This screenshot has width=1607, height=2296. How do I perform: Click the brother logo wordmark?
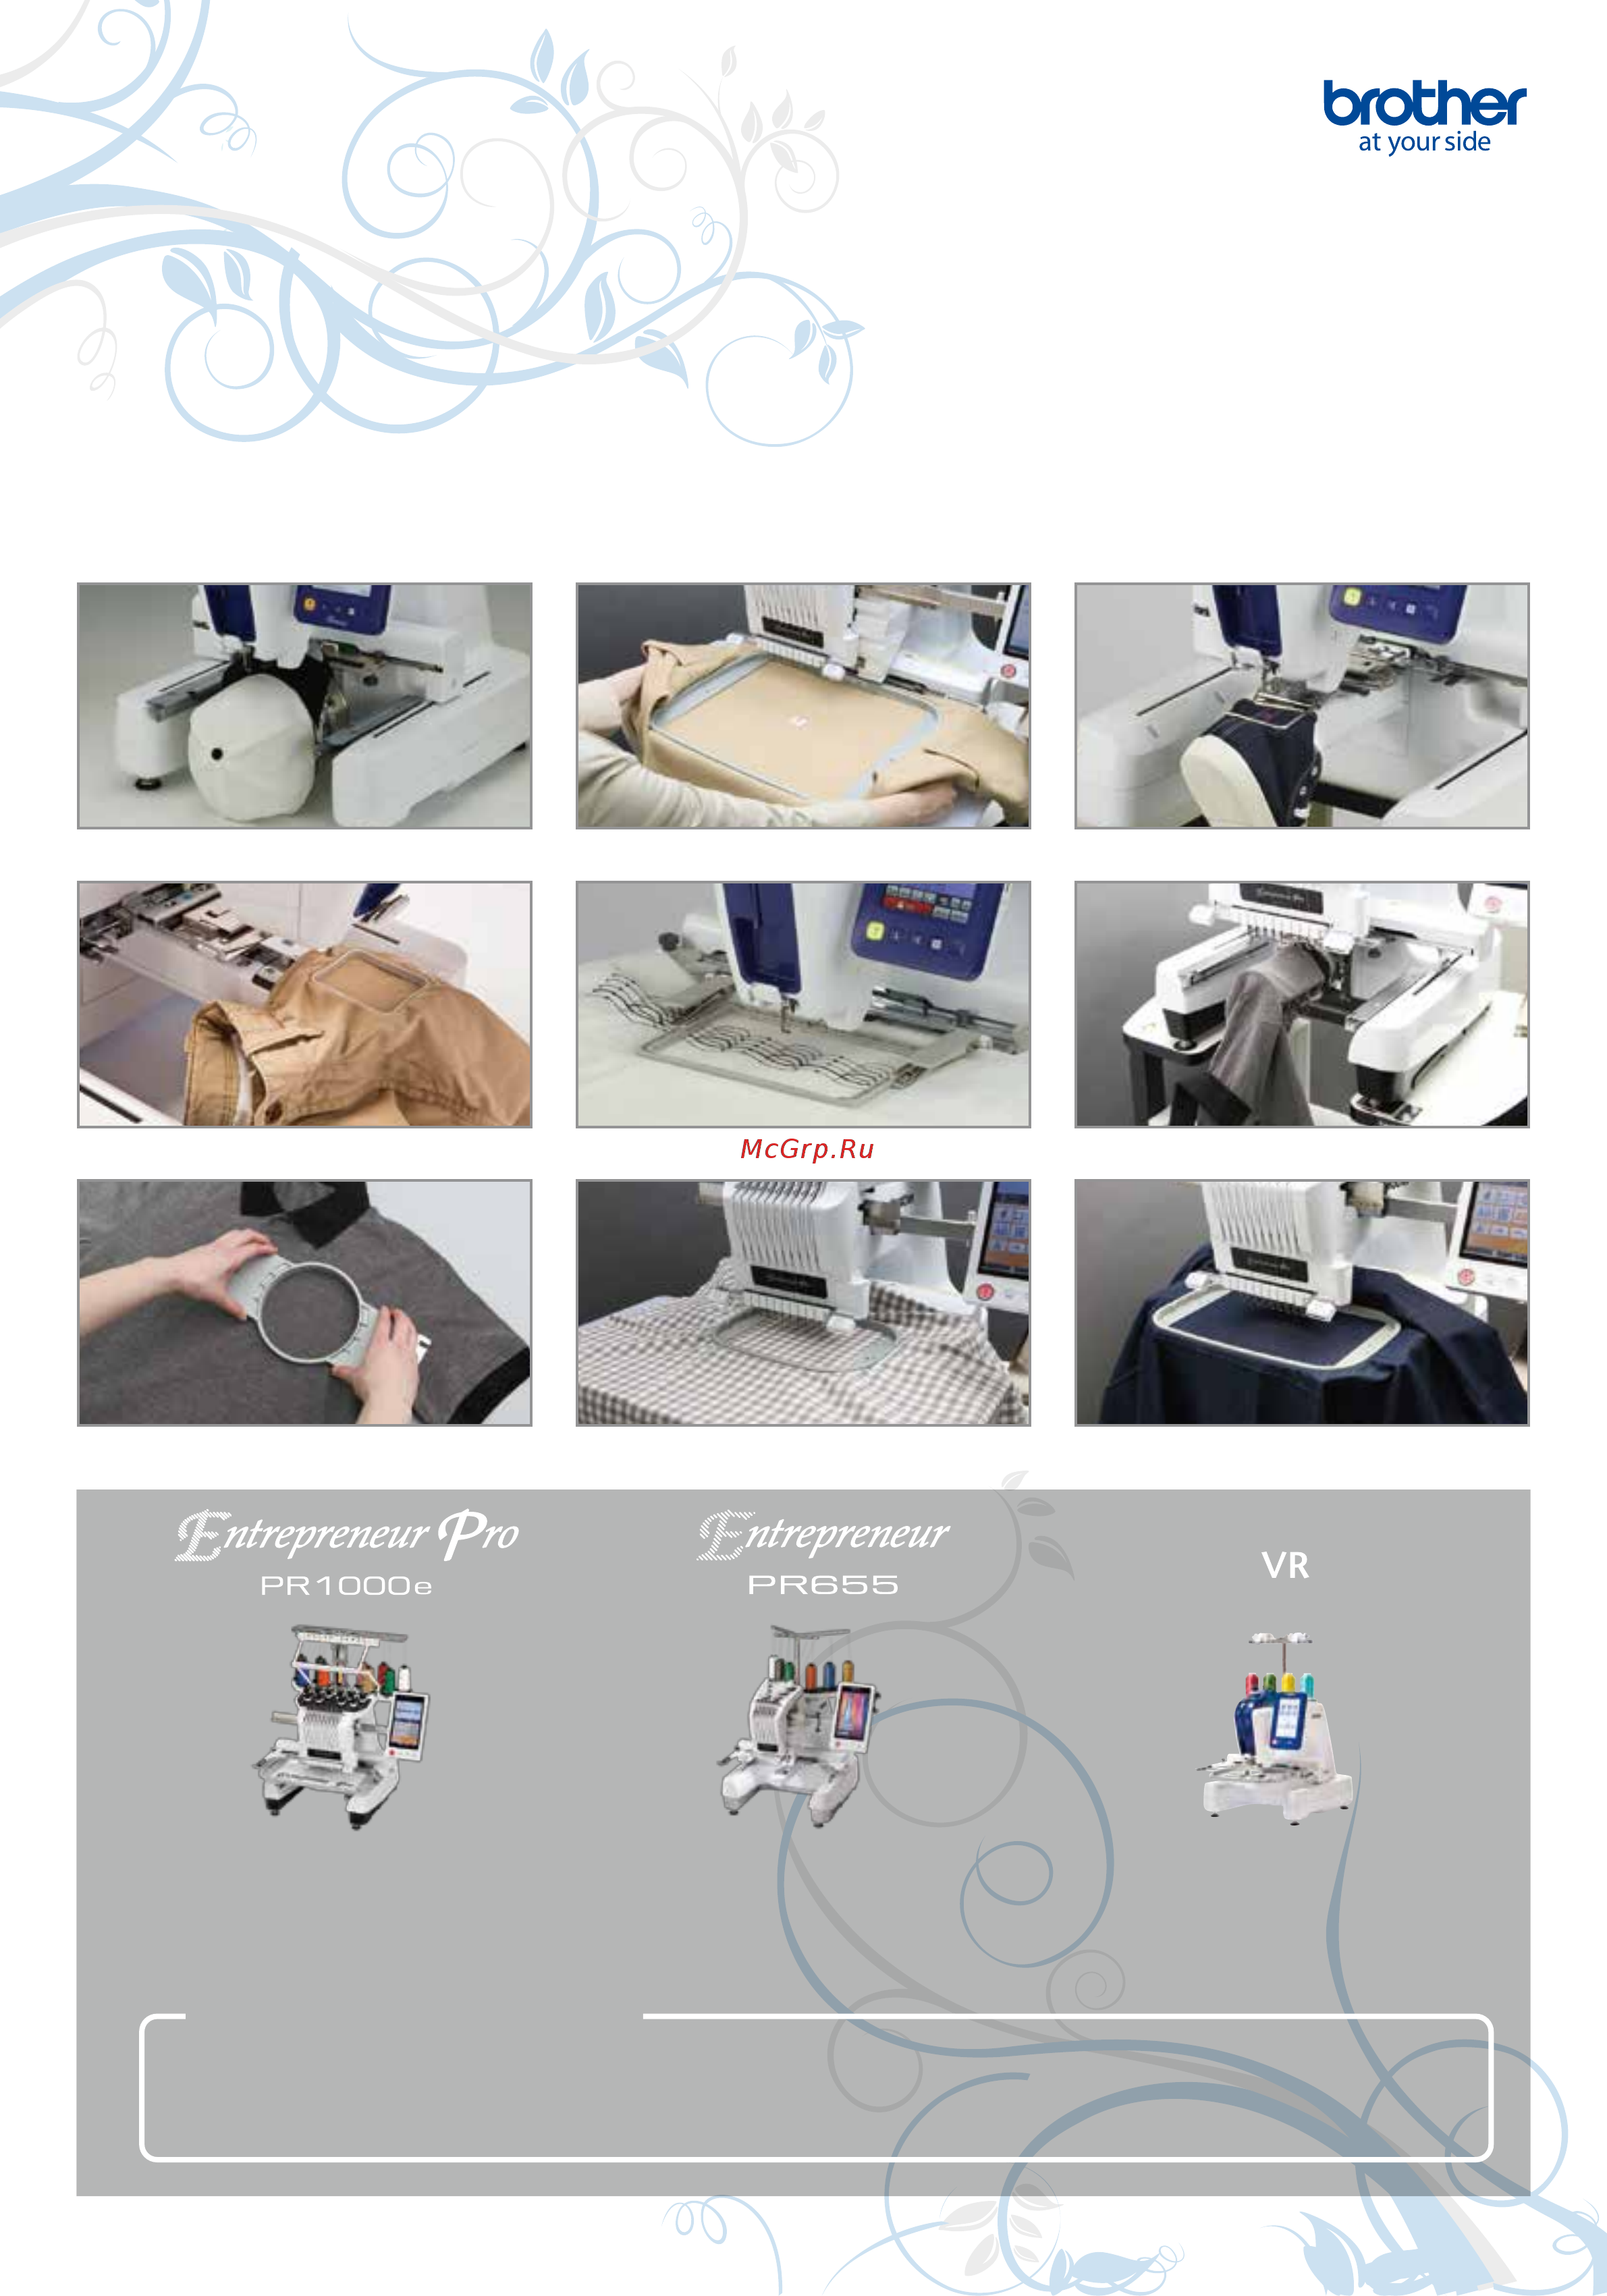click(x=1424, y=103)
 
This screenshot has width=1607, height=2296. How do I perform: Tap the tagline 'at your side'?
click(x=1424, y=142)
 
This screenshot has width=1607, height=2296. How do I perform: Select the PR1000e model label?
click(x=346, y=1586)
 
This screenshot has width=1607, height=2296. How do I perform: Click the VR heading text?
click(x=1285, y=1566)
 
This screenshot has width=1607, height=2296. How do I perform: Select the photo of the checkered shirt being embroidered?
click(x=803, y=1302)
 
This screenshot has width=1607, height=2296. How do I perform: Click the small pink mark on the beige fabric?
click(x=797, y=719)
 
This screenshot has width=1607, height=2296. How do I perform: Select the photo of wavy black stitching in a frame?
click(x=803, y=1004)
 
